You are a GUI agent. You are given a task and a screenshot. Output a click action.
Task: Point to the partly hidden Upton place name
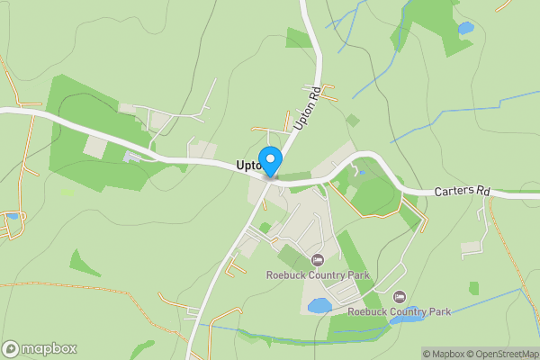247,166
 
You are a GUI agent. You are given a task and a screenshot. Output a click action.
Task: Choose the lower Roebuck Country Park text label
400,311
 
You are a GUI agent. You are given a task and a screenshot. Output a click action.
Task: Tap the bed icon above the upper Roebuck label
317,260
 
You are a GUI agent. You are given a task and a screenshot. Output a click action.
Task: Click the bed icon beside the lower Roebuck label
400,296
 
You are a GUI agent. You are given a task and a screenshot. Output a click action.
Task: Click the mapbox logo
40,348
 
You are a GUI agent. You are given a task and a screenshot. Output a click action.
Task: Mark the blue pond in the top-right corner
465,29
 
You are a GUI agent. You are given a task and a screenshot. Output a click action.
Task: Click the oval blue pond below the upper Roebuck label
319,306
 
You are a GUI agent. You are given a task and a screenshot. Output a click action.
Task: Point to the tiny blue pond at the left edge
11,217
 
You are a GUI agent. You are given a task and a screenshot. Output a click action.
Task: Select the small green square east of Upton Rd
353,120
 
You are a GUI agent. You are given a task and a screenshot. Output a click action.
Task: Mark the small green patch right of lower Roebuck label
473,288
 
